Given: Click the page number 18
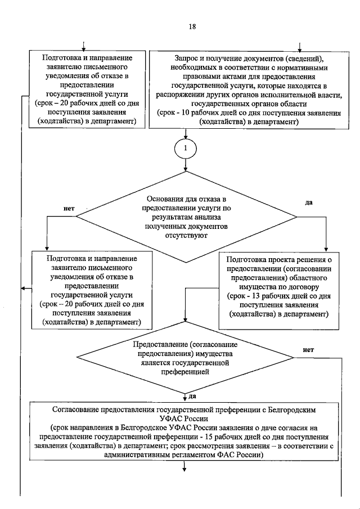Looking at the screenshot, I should (x=192, y=27).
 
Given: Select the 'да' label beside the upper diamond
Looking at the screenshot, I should (x=308, y=202).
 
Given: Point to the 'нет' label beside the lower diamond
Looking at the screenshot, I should (x=308, y=349).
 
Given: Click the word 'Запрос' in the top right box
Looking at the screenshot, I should (x=189, y=58).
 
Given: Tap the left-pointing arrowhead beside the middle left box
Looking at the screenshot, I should (x=24, y=289).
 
